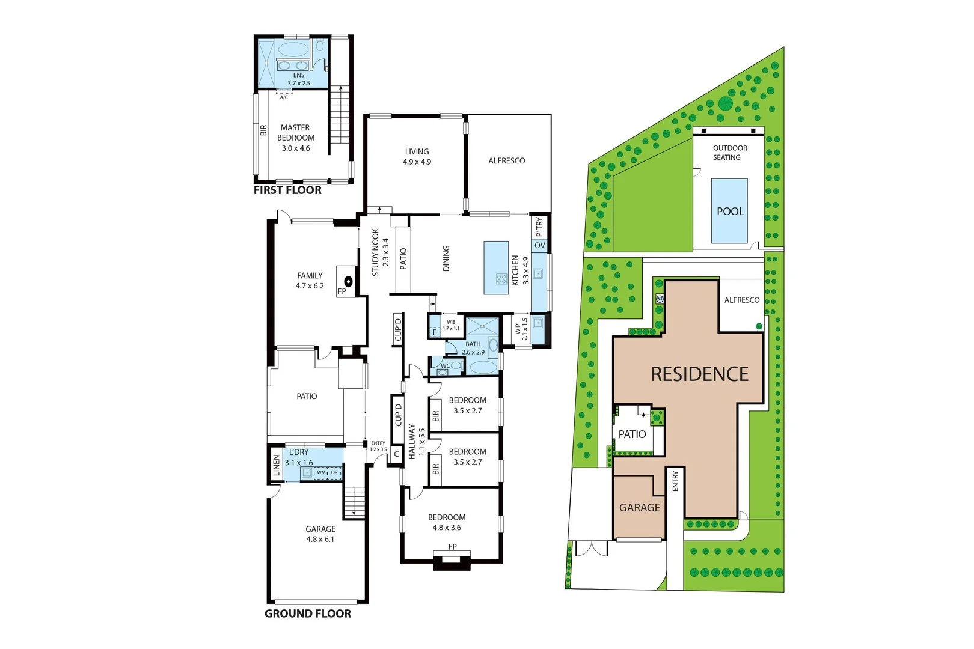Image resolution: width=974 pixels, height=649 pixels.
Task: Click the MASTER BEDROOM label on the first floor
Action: [x=295, y=138]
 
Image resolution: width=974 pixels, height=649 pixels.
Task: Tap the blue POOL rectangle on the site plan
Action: [x=729, y=211]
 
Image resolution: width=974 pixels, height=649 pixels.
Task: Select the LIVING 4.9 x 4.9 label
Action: [x=417, y=157]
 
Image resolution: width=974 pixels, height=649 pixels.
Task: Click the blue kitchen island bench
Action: [x=496, y=267]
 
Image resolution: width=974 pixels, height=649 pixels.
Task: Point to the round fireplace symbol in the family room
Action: [x=348, y=281]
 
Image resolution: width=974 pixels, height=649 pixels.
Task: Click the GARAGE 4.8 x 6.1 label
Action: [x=320, y=534]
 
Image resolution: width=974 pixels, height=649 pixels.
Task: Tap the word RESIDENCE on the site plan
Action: [x=699, y=374]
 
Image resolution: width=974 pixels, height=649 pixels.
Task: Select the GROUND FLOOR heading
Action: [x=307, y=614]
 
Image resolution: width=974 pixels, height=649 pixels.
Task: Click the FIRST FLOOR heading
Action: [x=287, y=190]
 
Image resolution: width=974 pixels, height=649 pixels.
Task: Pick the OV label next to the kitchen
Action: [x=539, y=246]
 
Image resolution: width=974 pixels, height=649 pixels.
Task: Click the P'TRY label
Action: [x=539, y=227]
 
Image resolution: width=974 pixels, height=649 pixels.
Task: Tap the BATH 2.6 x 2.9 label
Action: [x=473, y=349]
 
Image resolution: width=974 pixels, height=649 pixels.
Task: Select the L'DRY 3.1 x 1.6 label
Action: [x=299, y=457]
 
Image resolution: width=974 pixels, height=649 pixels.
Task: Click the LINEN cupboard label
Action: [x=276, y=465]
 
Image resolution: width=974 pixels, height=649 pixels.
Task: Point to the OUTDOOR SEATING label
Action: [x=729, y=153]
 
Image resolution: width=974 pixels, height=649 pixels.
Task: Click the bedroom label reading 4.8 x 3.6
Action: [x=447, y=523]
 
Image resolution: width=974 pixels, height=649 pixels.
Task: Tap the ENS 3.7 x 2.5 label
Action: [x=299, y=79]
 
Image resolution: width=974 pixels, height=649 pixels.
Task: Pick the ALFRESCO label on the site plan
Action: [x=741, y=300]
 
